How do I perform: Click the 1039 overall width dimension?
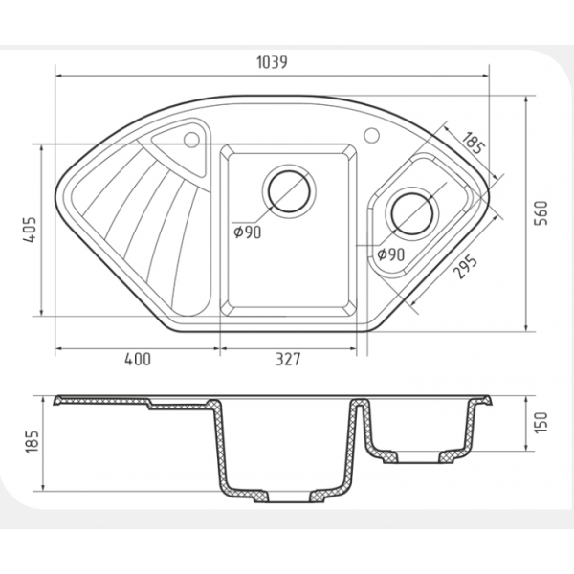[272, 62]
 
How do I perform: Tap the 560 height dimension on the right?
[541, 213]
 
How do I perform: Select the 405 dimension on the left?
[30, 230]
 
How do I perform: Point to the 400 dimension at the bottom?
[138, 359]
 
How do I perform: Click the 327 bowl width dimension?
[288, 359]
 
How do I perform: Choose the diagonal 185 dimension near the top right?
[475, 143]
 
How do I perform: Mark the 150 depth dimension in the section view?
[541, 423]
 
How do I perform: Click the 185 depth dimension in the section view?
[32, 441]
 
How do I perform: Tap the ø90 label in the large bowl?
[248, 232]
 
